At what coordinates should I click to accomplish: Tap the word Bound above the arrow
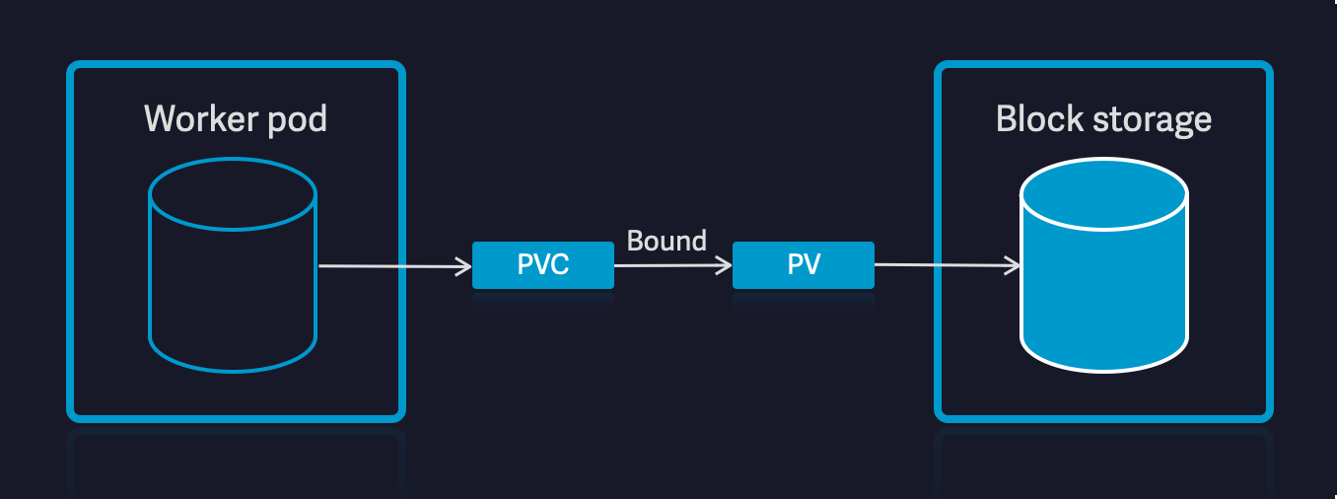667,240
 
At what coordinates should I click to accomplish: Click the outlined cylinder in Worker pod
233,286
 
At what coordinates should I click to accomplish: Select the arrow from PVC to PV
670,264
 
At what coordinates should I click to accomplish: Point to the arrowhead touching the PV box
726,264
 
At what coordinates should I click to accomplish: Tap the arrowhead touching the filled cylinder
1014,264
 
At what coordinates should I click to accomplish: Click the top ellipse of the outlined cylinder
233,194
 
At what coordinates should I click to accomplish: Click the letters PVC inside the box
543,264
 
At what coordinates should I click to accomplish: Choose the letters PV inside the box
804,264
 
